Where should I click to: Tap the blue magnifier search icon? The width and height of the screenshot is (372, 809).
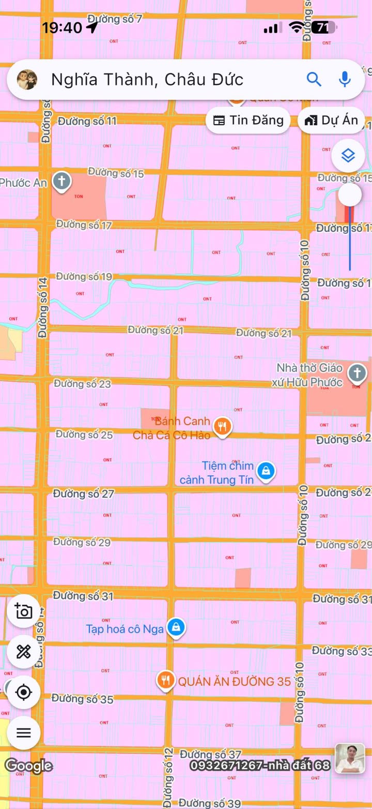tap(314, 79)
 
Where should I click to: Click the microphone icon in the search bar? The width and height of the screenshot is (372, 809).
tap(345, 79)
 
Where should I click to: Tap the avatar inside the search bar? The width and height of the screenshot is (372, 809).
tap(27, 79)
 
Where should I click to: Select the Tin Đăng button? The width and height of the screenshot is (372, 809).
tap(249, 121)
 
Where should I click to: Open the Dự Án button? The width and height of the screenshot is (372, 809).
tap(331, 121)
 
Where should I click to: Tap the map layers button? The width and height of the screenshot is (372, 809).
tap(348, 155)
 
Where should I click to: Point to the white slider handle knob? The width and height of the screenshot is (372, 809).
tap(350, 195)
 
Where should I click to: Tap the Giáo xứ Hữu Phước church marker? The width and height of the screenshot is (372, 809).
tap(357, 372)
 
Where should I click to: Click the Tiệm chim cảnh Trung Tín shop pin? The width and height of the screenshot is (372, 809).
tap(266, 471)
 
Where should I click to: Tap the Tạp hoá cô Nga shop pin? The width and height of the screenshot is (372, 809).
tap(176, 628)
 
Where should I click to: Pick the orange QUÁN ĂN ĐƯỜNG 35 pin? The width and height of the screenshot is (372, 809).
tap(165, 681)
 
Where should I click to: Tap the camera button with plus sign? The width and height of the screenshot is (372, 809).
tap(24, 611)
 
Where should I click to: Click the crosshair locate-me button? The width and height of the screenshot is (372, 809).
tap(24, 692)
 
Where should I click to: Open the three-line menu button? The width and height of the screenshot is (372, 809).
tap(24, 732)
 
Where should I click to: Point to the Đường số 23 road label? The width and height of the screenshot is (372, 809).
tap(83, 384)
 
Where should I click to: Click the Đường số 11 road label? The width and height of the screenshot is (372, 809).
tap(87, 121)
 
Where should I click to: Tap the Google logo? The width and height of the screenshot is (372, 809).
tap(28, 766)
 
